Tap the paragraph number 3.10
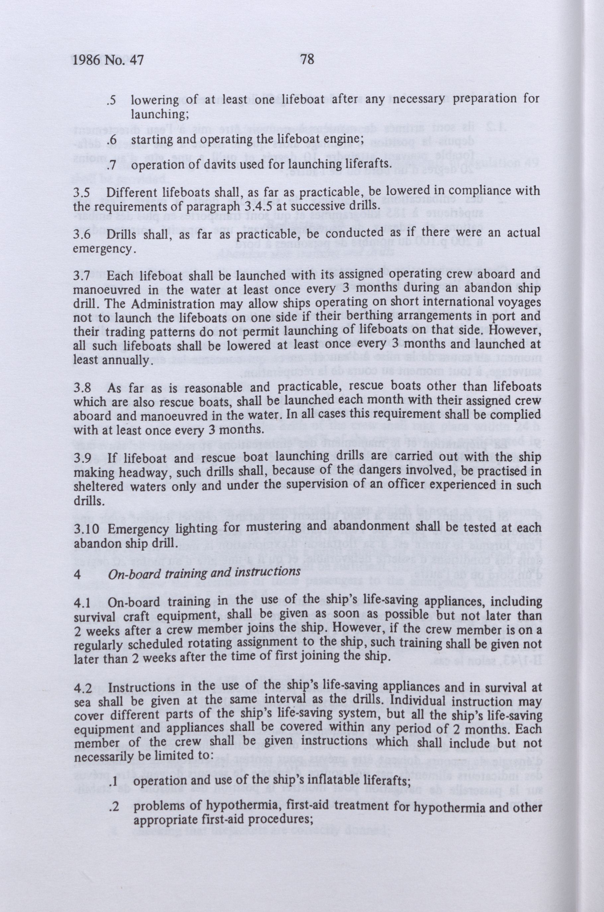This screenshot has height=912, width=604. pyautogui.click(x=85, y=529)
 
